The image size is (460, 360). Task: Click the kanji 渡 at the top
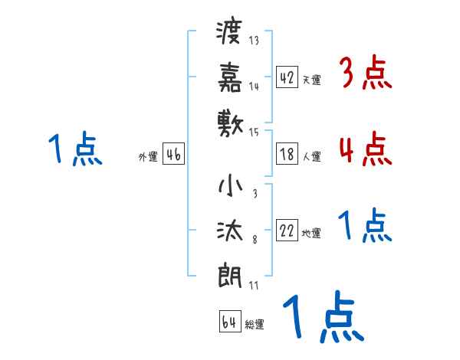click(x=230, y=33)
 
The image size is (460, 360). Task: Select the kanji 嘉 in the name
click(x=230, y=77)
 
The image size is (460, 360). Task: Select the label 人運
click(x=311, y=156)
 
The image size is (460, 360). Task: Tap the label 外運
click(x=149, y=156)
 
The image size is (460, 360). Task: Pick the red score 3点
click(x=365, y=74)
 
